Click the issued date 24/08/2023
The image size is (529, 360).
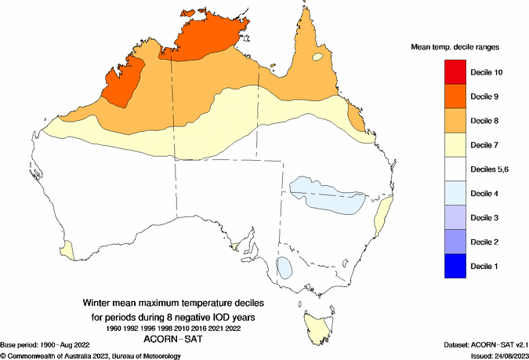507,355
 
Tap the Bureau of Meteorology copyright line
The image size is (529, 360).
92,355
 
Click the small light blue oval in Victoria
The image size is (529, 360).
285,267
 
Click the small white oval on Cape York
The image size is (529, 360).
317,57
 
